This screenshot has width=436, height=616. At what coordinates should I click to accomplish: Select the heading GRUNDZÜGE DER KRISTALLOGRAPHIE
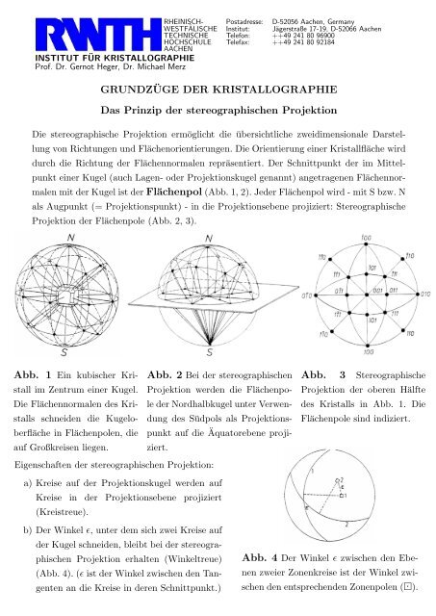[x=218, y=87]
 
